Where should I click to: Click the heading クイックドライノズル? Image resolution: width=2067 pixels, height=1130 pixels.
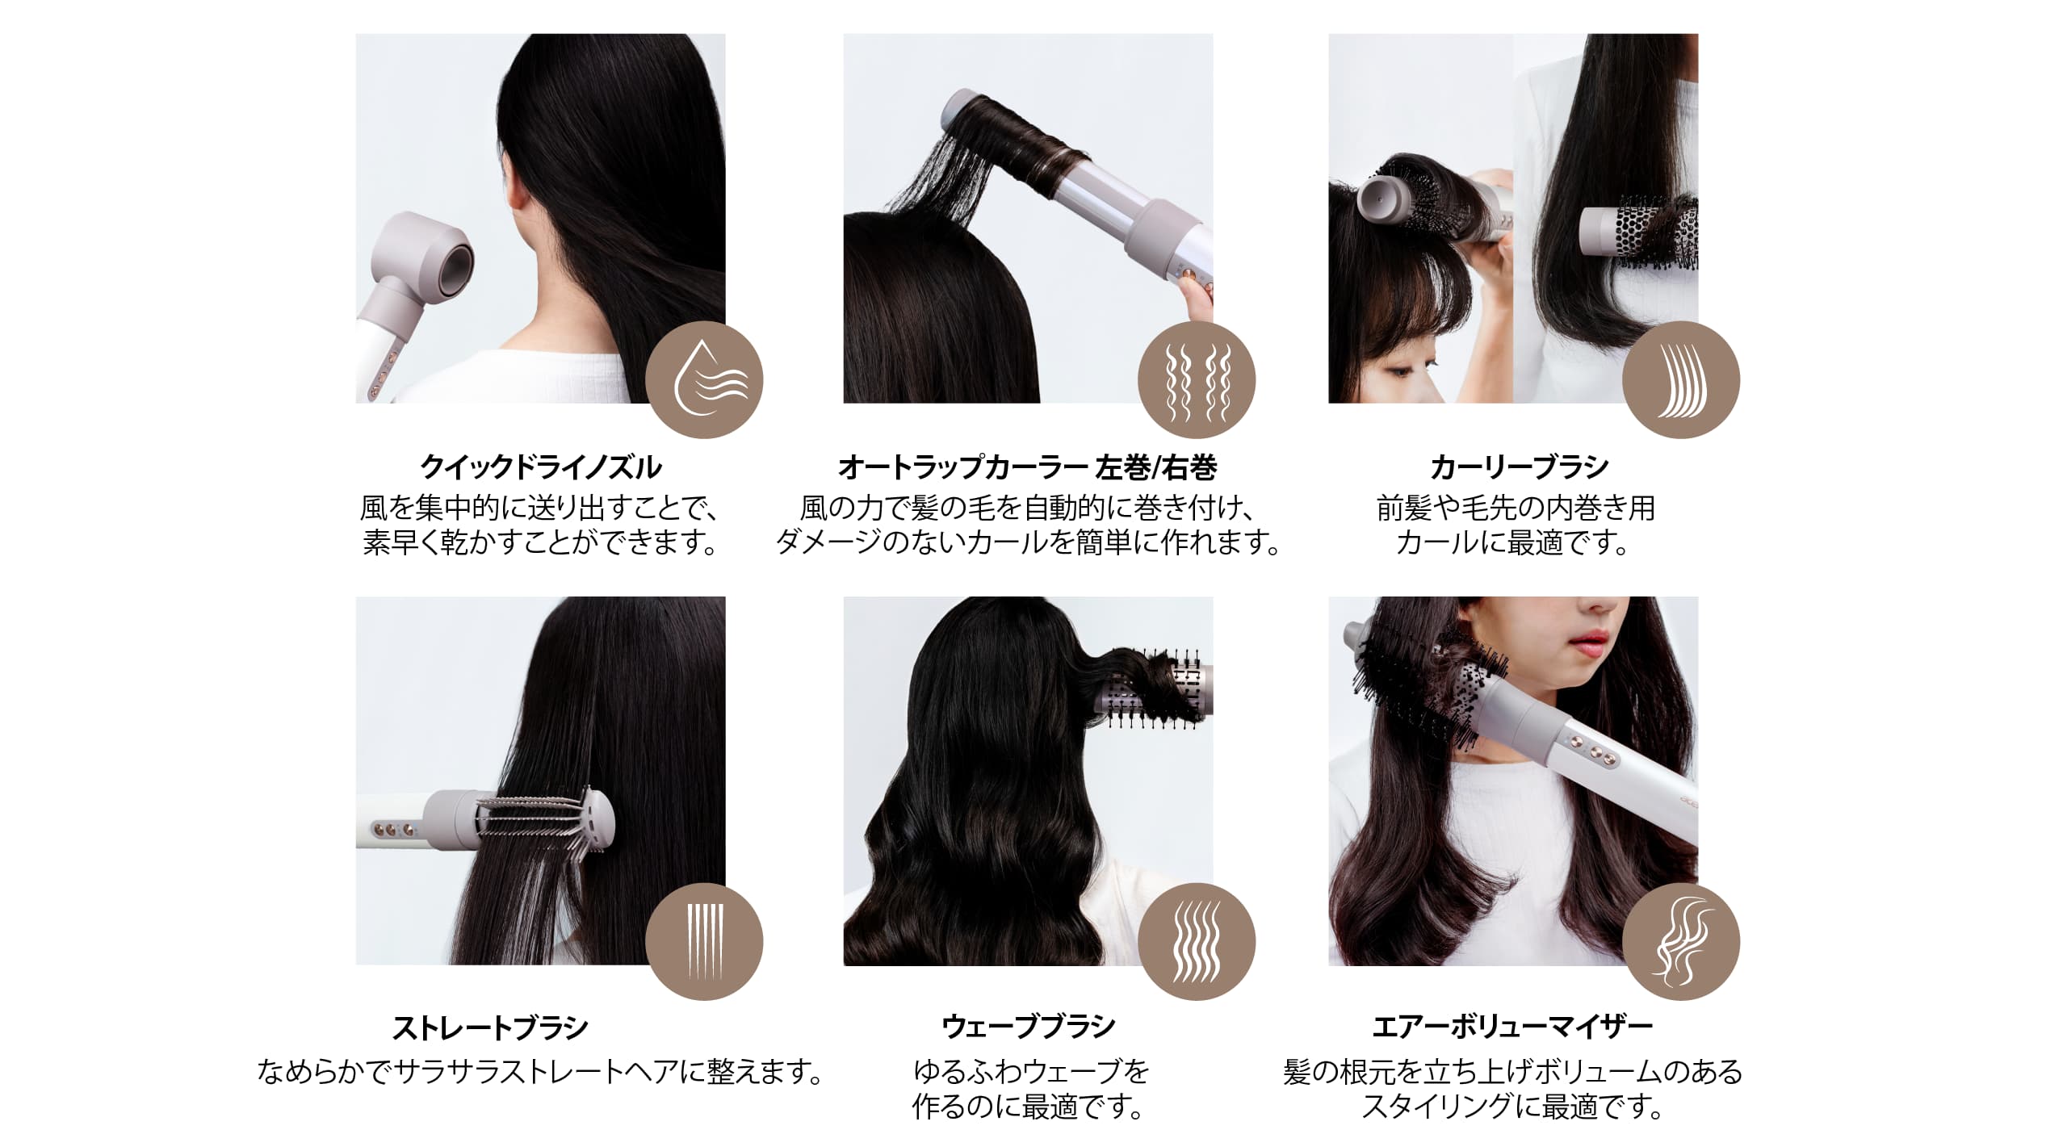[540, 467]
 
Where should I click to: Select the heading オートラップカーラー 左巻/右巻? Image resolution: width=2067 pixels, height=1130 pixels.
[1027, 467]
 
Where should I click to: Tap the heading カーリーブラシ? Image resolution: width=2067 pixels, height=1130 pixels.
[1519, 467]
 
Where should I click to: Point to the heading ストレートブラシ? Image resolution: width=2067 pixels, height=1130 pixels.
[490, 1027]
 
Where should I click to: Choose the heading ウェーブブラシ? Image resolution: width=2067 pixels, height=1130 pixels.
[1029, 1027]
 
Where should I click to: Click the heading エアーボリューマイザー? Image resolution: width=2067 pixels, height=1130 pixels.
[1512, 1027]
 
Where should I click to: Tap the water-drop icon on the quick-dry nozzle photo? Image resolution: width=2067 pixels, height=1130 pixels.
[704, 379]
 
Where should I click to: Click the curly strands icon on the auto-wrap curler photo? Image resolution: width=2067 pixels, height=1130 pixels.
[1197, 379]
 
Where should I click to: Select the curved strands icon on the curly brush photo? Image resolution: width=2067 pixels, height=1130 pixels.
[1681, 379]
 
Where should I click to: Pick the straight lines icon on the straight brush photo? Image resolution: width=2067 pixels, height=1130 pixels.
[704, 942]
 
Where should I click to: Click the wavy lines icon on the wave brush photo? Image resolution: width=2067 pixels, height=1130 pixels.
[1197, 942]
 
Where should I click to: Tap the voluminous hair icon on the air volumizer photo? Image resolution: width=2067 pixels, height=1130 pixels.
[1681, 942]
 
